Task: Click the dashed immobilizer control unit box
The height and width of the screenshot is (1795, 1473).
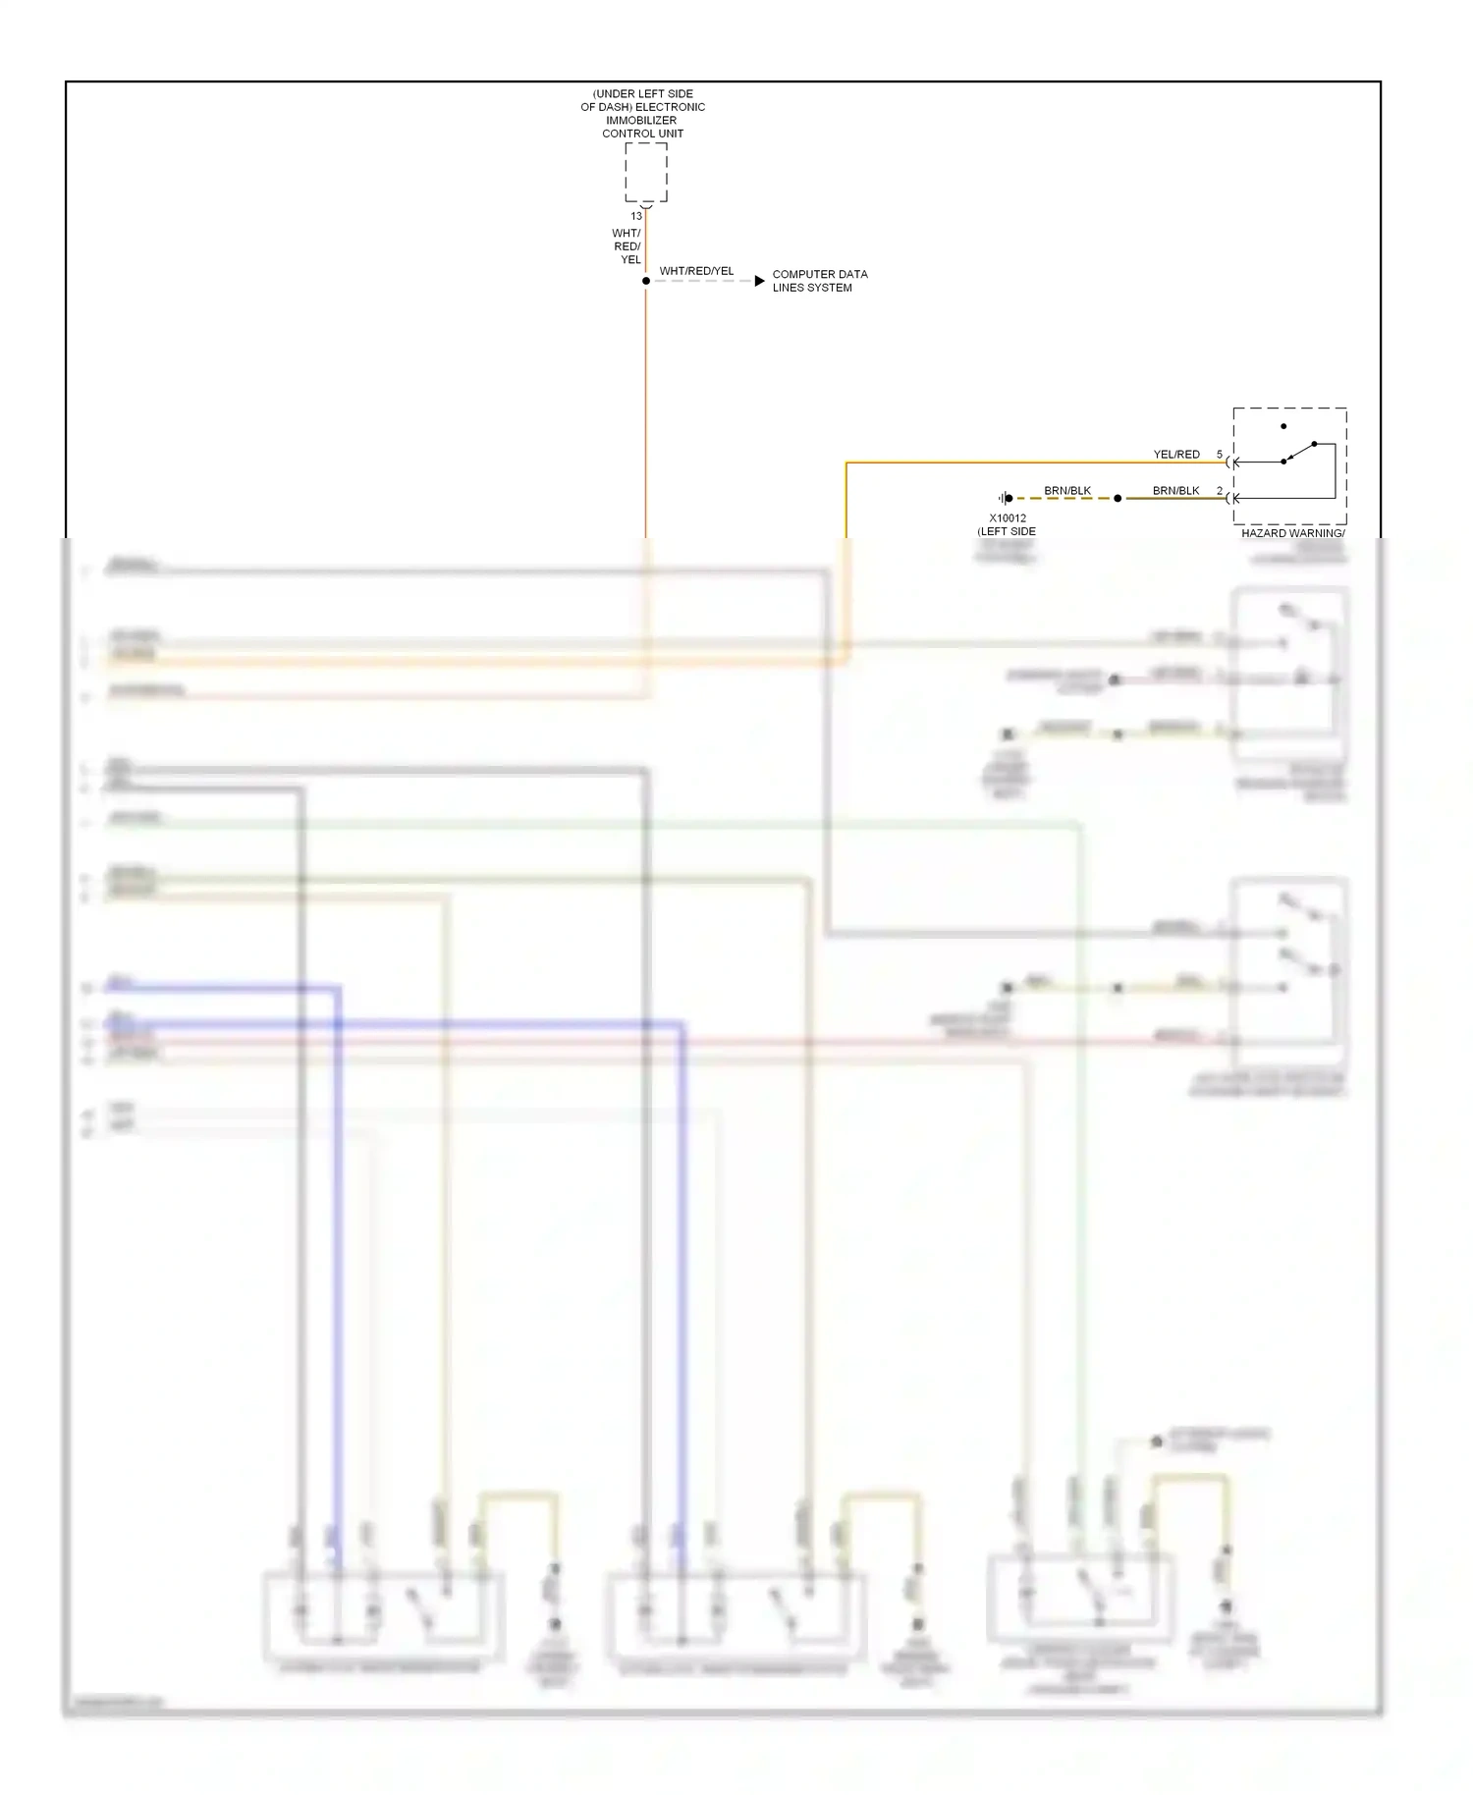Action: click(646, 173)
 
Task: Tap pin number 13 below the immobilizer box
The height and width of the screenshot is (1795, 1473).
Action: click(636, 216)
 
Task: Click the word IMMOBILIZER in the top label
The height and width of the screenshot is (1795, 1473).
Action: click(641, 120)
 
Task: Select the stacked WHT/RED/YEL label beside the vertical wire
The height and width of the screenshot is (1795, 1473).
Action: click(627, 246)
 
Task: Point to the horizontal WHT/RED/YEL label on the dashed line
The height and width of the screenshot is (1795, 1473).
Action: click(696, 271)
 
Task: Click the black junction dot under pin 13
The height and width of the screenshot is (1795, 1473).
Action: click(646, 281)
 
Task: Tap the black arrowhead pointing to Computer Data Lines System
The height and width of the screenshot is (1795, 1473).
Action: click(759, 281)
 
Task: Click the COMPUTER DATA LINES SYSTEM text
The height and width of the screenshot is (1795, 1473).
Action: click(819, 281)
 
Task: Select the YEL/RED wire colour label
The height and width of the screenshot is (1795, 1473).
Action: click(1176, 455)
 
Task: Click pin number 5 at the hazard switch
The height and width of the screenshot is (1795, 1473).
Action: click(1220, 455)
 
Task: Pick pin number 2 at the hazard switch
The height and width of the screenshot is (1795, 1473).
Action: click(1220, 491)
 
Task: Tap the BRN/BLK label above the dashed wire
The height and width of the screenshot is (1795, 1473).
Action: click(1067, 491)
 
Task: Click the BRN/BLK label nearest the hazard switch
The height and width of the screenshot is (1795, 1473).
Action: click(1175, 491)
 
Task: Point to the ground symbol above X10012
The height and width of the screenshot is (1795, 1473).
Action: click(1006, 498)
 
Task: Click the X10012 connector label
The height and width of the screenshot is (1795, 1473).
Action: click(1008, 518)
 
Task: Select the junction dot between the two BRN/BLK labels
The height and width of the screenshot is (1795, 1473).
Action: click(1118, 498)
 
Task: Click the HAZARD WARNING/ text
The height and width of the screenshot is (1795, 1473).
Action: click(1292, 533)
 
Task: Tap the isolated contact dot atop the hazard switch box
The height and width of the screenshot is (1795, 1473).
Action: click(1283, 426)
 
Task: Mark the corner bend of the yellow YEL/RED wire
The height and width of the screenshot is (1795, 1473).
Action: click(846, 462)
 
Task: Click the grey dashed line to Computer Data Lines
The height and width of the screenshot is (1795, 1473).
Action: click(702, 281)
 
